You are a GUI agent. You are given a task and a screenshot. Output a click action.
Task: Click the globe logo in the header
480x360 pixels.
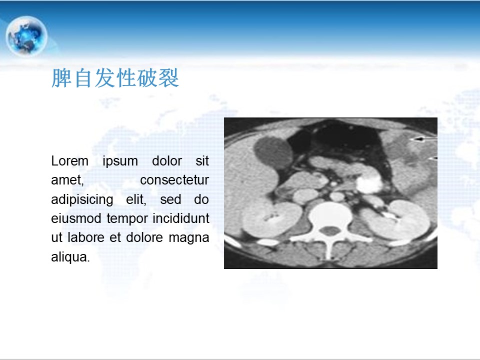[x=26, y=36]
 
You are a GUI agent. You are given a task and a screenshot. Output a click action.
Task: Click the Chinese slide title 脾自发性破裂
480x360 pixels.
[x=115, y=78]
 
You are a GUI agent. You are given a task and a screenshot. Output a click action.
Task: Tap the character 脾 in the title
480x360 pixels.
[x=61, y=78]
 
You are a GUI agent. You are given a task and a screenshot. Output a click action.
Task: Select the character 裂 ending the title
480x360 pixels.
[x=168, y=78]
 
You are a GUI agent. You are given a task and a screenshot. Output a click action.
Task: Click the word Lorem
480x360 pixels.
[x=70, y=161]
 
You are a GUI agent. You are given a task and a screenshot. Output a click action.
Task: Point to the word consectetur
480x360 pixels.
[x=174, y=180]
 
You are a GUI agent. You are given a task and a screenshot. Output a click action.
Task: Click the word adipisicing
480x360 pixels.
[x=82, y=200]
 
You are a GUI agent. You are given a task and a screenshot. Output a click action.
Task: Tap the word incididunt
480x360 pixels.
[x=181, y=218]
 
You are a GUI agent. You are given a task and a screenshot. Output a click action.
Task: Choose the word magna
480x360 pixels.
[x=189, y=238]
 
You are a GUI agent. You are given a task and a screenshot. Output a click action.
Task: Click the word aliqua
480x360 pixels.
[x=70, y=257]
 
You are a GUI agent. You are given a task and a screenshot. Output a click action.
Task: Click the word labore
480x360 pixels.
[x=85, y=237]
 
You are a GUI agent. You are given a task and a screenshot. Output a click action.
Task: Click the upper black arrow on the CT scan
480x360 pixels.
[x=423, y=139]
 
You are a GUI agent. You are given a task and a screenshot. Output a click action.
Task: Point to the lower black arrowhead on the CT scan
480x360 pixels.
[x=432, y=158]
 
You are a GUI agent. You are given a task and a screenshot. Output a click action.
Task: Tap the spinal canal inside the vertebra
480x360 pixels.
[x=329, y=231]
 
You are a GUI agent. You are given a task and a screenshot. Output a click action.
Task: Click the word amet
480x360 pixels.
[x=67, y=180]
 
